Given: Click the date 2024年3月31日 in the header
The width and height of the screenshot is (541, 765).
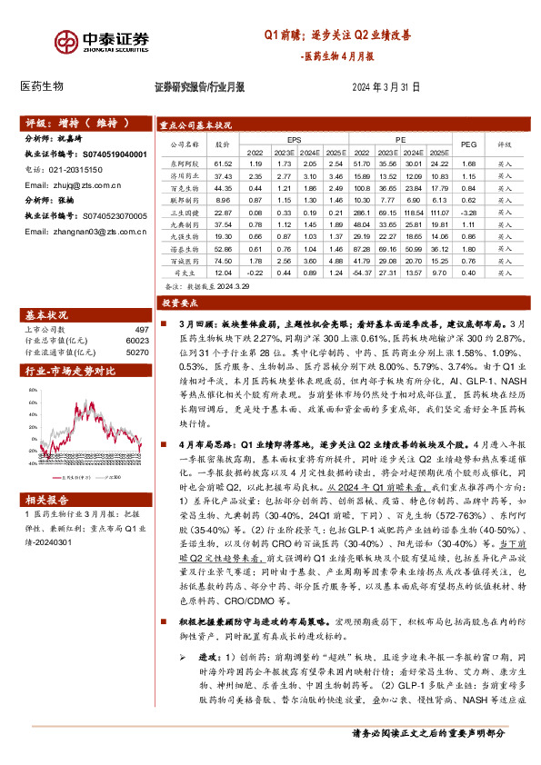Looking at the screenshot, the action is [x=386, y=88].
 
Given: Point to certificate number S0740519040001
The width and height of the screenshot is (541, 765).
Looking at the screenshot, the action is [x=114, y=155].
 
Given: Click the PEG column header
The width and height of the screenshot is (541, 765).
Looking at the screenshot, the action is [x=469, y=144].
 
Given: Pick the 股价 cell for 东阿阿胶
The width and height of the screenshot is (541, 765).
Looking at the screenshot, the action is [x=224, y=164].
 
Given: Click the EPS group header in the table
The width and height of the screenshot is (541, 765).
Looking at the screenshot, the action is [x=294, y=138].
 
